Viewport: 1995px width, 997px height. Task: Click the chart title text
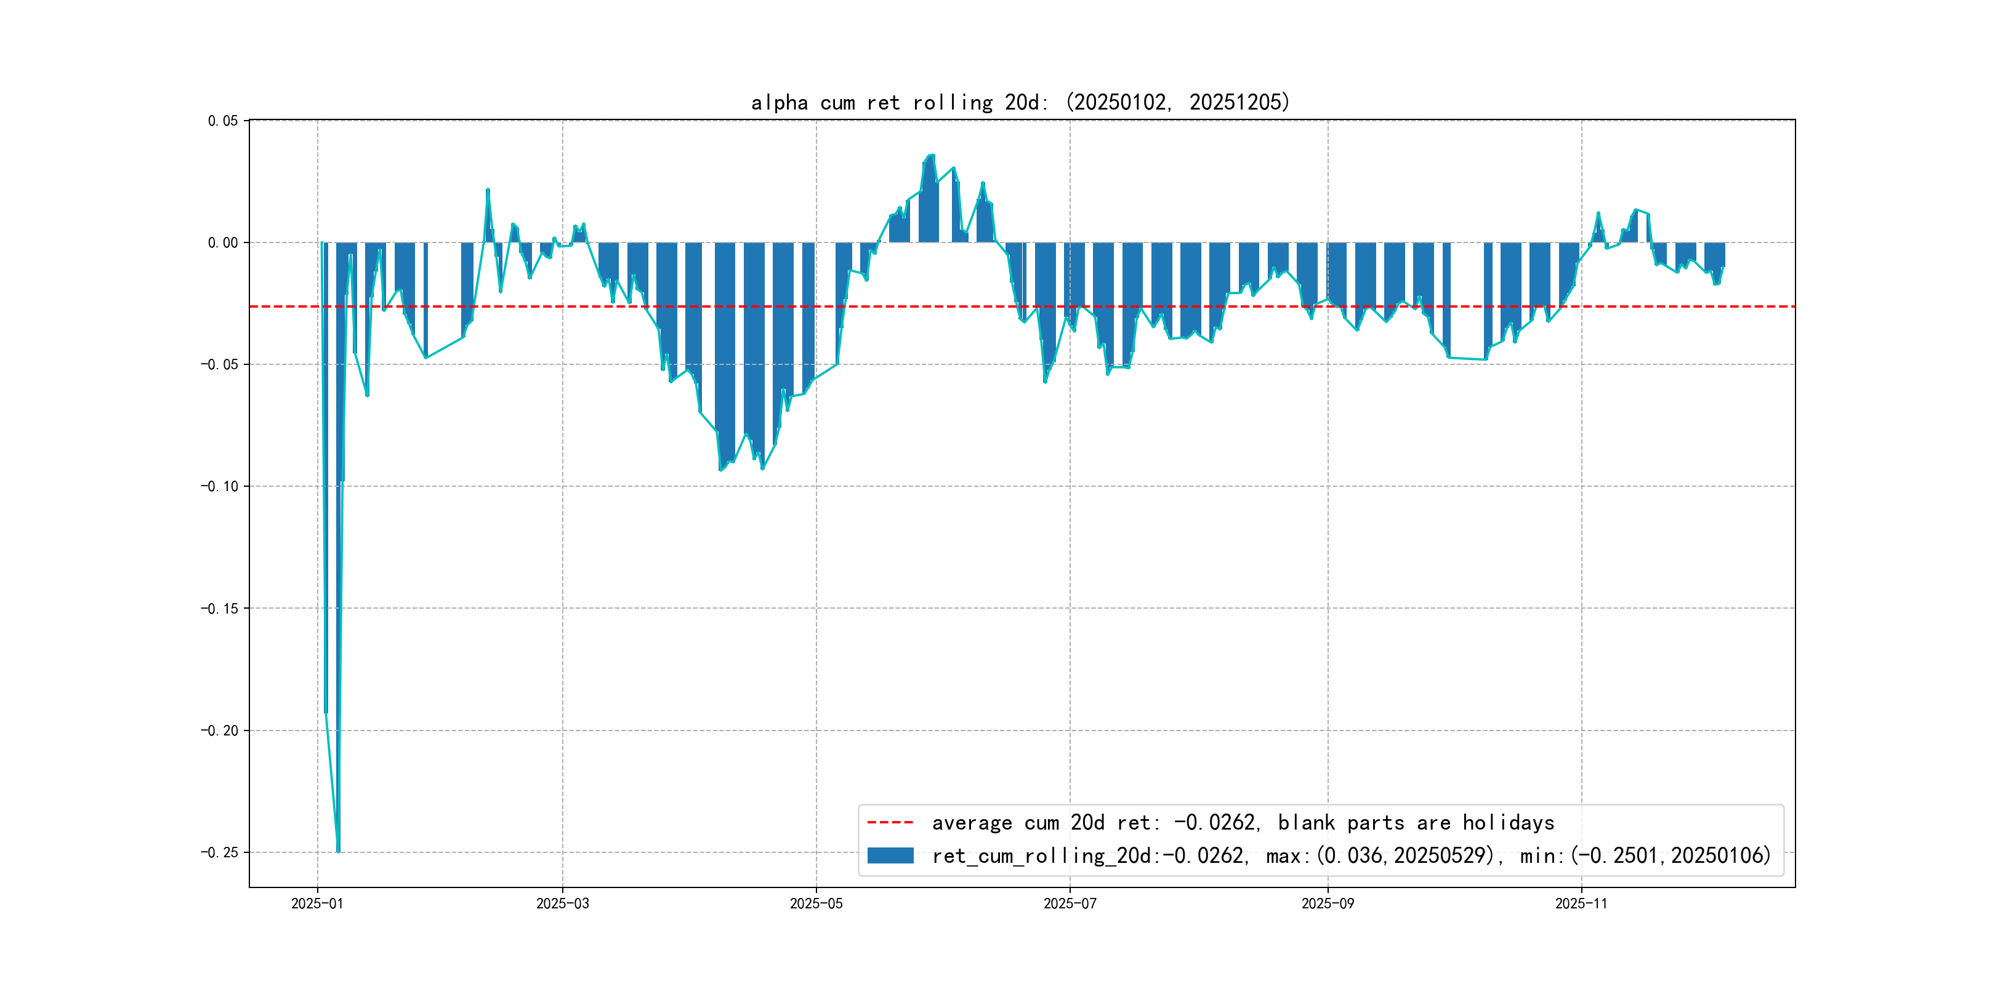[x=1020, y=102]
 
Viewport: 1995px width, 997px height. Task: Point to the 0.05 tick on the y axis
[x=223, y=121]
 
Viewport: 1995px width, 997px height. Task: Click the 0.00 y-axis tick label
[x=223, y=242]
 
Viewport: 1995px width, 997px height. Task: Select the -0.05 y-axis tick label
[x=220, y=364]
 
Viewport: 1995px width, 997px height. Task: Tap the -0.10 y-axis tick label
[x=220, y=486]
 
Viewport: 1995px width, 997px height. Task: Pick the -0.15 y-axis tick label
[x=220, y=609]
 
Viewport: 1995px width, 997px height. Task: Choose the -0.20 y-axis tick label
[x=220, y=731]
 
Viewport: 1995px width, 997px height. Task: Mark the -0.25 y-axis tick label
[x=220, y=852]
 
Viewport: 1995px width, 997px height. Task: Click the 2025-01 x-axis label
[x=316, y=903]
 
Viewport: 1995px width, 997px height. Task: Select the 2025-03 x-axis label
[x=562, y=903]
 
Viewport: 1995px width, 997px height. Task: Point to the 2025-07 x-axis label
[x=1070, y=903]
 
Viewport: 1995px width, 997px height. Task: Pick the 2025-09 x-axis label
[x=1328, y=903]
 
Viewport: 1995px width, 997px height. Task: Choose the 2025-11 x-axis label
[x=1581, y=903]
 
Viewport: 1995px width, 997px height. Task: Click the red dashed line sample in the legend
[x=890, y=822]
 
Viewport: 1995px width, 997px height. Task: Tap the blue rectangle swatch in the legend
[x=890, y=855]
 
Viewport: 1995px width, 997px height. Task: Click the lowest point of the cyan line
[x=339, y=852]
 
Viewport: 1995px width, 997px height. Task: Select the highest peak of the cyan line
[x=932, y=155]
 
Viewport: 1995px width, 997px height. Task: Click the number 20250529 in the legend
[x=1443, y=855]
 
